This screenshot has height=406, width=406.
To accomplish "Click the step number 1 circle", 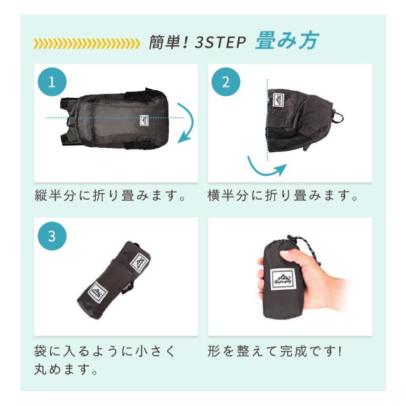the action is [x=52, y=82].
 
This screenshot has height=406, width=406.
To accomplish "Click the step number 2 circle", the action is [x=226, y=82].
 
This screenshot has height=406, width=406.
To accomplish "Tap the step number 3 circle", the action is [x=52, y=236].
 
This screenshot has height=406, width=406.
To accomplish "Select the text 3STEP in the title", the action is [x=220, y=43].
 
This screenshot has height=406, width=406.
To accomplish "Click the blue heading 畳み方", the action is [x=286, y=41].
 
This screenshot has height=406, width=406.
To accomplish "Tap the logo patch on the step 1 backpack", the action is [x=144, y=121].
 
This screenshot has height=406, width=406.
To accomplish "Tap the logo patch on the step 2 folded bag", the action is [x=278, y=100].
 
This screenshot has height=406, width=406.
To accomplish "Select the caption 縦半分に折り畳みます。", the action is [x=110, y=195].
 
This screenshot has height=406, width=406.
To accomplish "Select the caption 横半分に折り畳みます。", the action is [x=283, y=195].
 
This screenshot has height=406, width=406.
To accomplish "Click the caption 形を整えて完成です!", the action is [x=275, y=351].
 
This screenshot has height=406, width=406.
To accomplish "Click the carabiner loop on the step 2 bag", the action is [x=338, y=117].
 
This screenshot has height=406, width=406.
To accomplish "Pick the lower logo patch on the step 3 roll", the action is [x=97, y=292].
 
